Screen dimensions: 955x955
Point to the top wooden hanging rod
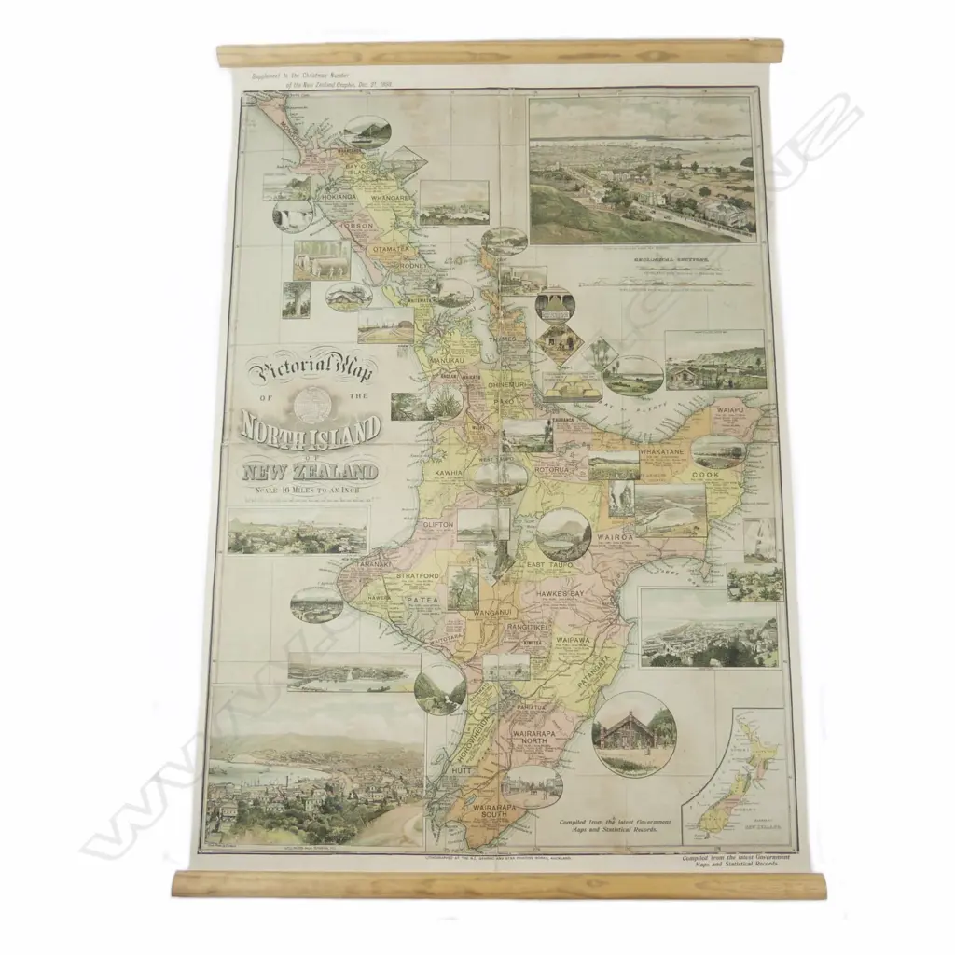[499, 52]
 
